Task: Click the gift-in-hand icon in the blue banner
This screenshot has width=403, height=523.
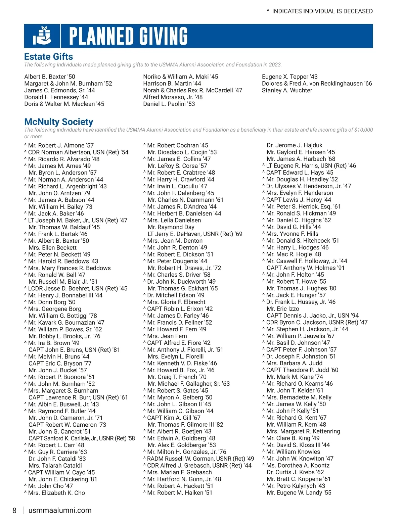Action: point(42,36)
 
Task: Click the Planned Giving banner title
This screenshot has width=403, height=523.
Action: point(128,36)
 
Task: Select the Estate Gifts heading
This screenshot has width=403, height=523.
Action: point(49,56)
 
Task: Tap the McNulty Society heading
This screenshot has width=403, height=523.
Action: point(59,122)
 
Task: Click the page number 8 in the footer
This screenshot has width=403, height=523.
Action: point(14,511)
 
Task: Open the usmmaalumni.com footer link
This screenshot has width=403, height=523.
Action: point(60,511)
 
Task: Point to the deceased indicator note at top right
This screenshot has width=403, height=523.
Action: point(320,11)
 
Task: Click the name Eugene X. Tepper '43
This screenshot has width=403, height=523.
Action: point(289,77)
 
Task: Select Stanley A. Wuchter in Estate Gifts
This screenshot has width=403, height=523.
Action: point(287,90)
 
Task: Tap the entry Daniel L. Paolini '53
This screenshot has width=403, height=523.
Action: point(169,104)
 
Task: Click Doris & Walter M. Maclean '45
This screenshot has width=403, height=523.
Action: point(64,104)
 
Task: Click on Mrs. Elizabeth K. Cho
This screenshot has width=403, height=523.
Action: point(56,493)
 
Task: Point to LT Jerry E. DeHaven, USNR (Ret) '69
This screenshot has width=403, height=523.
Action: point(195,234)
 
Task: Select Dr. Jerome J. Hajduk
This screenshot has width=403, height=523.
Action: point(294,145)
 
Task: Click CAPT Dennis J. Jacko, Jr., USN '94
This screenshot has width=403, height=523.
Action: point(312,316)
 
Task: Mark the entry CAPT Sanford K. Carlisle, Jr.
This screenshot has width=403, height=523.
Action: point(82,438)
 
